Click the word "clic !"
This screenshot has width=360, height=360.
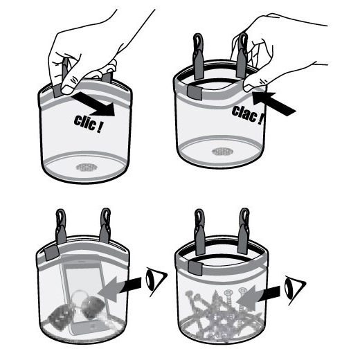coord(89,124)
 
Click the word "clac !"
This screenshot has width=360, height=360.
coord(248,115)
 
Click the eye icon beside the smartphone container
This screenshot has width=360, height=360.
coord(156,281)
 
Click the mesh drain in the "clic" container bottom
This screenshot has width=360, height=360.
coord(86,168)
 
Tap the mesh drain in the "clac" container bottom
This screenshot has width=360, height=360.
coord(222,152)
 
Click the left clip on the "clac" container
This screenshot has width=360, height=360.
coord(198,57)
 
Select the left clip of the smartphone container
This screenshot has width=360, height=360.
coord(61,226)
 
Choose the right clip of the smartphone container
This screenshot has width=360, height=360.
coord(105,225)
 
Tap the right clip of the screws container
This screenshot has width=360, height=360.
coord(244,231)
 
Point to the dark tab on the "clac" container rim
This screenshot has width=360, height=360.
coord(195,92)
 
